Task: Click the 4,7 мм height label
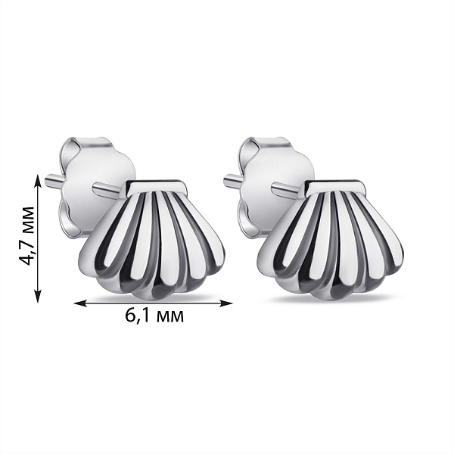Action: [26, 236]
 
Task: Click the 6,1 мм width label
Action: [154, 316]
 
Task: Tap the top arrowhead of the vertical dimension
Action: [38, 179]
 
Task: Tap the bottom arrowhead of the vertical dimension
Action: [38, 297]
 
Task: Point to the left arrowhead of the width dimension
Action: [80, 303]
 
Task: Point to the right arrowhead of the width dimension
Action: [226, 303]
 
